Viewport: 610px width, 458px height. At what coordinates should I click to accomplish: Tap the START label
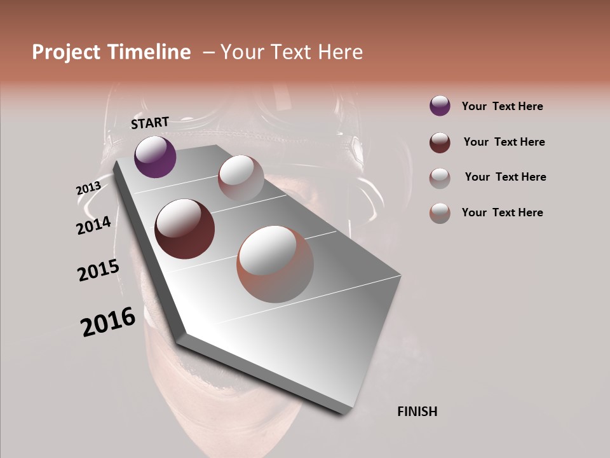tap(150, 123)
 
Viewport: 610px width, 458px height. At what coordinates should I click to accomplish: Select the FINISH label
tap(417, 412)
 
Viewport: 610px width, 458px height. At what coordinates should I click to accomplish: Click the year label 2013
tap(88, 188)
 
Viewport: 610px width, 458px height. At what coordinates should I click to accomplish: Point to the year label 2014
tap(93, 225)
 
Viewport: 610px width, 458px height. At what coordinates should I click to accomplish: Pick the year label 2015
tap(98, 270)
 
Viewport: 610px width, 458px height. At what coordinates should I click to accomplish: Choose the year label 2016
tap(108, 322)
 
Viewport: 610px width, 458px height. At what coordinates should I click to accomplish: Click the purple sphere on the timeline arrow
tap(155, 156)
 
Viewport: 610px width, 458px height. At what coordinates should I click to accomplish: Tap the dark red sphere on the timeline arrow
tap(185, 229)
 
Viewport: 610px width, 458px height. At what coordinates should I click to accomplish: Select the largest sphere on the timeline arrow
tap(275, 264)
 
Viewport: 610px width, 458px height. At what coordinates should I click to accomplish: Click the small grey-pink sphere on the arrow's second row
tap(241, 179)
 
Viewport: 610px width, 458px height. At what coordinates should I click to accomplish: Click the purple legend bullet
tap(440, 106)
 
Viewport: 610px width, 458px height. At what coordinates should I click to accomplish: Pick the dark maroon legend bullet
tap(440, 142)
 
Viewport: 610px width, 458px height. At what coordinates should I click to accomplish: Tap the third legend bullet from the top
tap(440, 178)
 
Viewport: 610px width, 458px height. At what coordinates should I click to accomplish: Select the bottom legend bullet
tap(440, 213)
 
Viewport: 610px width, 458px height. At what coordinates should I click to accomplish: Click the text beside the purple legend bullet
tap(502, 106)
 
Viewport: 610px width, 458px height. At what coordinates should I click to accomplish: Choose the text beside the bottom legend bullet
tap(502, 212)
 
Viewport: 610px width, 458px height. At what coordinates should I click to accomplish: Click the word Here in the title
tap(341, 52)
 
